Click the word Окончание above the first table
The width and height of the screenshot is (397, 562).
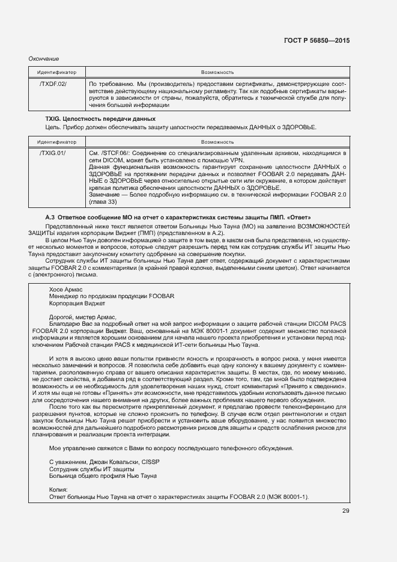pyautogui.click(x=44, y=58)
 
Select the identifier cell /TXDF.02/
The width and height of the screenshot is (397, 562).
pyautogui.click(x=53, y=84)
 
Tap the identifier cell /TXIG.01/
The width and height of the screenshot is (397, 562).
pyautogui.click(x=53, y=154)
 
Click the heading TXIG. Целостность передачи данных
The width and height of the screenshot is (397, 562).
pyautogui.click(x=100, y=120)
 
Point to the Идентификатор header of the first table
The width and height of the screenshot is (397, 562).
pyautogui.click(x=56, y=71)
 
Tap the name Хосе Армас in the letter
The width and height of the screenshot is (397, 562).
pyautogui.click(x=65, y=289)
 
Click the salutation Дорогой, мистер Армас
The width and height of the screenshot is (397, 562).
pyautogui.click(x=83, y=317)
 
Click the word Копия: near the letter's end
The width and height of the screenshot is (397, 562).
pyautogui.click(x=59, y=490)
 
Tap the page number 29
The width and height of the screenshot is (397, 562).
pyautogui.click(x=345, y=511)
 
